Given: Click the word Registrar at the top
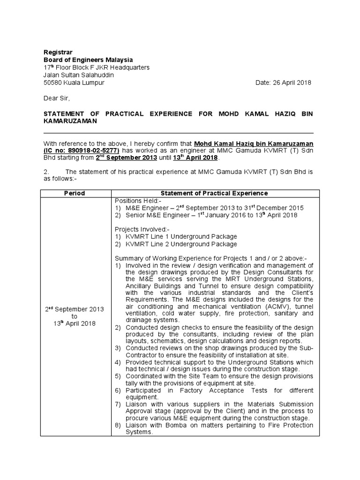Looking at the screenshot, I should [58, 52].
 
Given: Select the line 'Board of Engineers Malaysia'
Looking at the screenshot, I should [88, 60].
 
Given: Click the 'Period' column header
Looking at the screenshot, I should [75, 194].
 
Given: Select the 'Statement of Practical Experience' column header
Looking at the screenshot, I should [214, 194].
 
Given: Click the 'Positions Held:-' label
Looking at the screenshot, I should [137, 201].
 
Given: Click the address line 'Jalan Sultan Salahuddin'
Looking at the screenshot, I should [79, 75].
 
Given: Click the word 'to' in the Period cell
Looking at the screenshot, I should [75, 316].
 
